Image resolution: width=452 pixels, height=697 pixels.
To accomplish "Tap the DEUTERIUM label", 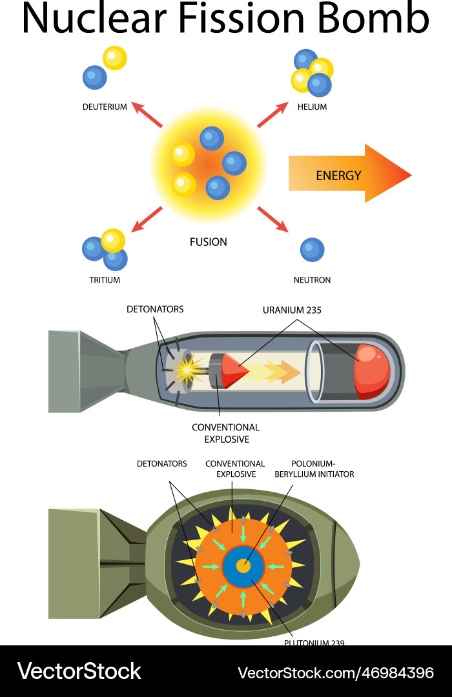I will (x=105, y=106).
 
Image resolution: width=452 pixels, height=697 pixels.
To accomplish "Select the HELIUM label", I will (x=312, y=106).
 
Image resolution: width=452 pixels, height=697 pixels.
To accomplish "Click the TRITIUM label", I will (x=105, y=280).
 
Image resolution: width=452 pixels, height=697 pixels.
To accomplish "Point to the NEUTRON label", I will (x=312, y=280).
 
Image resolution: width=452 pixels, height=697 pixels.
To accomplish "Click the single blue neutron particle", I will (x=312, y=250).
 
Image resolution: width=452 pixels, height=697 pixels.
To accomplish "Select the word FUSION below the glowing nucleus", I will (x=208, y=242).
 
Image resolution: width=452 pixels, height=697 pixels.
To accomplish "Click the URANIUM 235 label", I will (x=292, y=310).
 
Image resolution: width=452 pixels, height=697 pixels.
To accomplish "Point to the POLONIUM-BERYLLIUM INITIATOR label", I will (x=314, y=469).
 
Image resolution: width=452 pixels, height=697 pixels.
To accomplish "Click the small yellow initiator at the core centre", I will (x=243, y=566).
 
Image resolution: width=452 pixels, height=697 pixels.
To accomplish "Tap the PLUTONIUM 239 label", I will (x=314, y=643).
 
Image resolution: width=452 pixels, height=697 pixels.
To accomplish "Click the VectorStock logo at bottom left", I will (x=79, y=671).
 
